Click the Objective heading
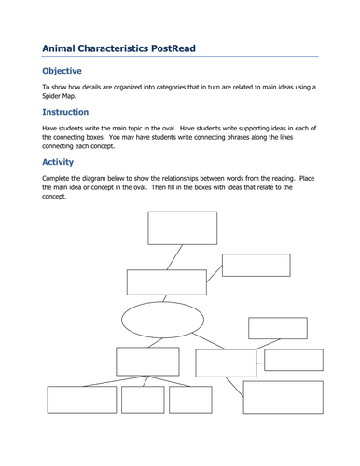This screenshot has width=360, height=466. point(62,71)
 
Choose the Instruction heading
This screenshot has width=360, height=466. point(65,112)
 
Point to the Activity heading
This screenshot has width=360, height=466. point(57,160)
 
